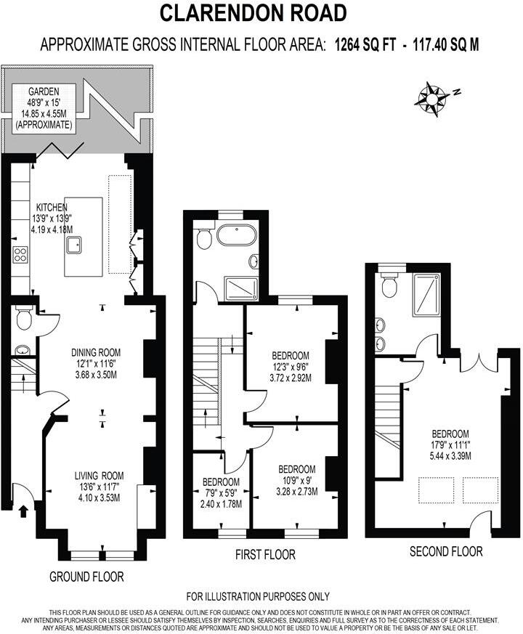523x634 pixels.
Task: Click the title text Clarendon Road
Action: pyautogui.click(x=253, y=12)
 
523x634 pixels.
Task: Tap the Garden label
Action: pyautogui.click(x=44, y=93)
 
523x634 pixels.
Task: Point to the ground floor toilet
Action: pyautogui.click(x=24, y=318)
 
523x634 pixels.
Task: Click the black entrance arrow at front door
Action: pyautogui.click(x=23, y=512)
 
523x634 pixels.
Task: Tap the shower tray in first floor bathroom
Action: pyautogui.click(x=240, y=288)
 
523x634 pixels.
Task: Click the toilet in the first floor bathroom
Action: pyautogui.click(x=205, y=238)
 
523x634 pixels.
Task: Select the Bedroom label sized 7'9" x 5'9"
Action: pyautogui.click(x=222, y=482)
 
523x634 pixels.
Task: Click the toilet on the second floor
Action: pyautogui.click(x=389, y=286)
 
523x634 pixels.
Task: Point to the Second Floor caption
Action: pyautogui.click(x=446, y=551)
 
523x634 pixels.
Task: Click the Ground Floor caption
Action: pyautogui.click(x=86, y=577)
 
